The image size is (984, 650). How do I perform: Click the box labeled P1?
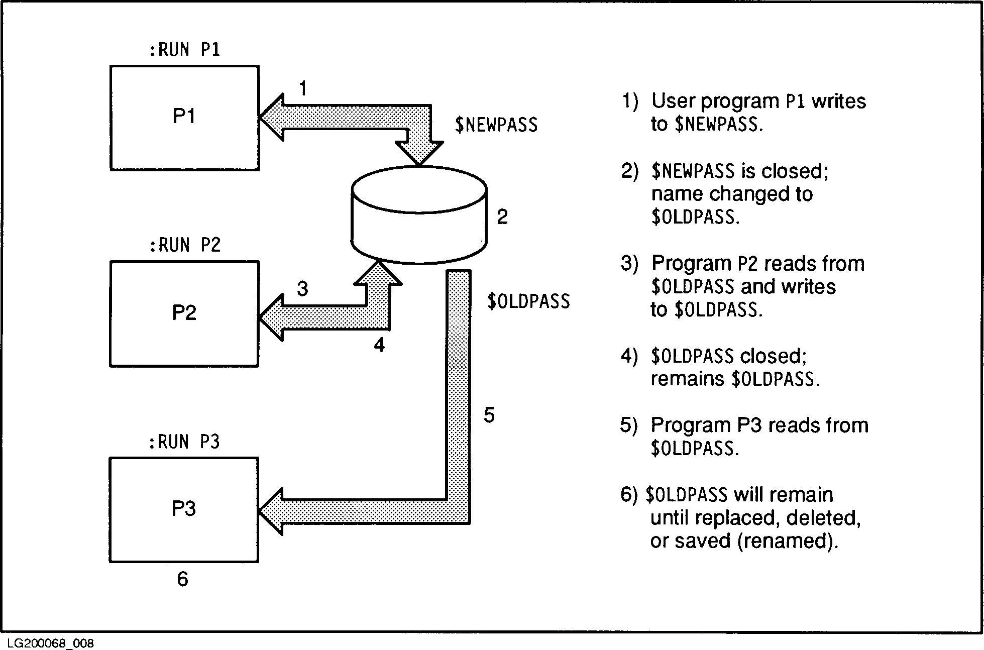tap(184, 118)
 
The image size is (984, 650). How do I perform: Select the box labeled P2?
tap(184, 313)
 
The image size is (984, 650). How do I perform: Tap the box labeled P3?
tap(184, 509)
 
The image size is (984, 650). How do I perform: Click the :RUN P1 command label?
tap(185, 50)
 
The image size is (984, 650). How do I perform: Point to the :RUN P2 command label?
tap(185, 246)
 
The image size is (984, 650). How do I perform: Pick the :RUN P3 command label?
tap(184, 442)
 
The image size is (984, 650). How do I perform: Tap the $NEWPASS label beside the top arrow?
tap(496, 125)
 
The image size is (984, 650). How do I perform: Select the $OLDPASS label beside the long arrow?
tap(528, 301)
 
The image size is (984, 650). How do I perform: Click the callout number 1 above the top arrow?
tap(302, 89)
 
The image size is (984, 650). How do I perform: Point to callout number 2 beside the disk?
tap(502, 217)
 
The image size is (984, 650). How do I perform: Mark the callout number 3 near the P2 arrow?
tap(302, 289)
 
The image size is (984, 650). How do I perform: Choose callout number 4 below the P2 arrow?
tap(379, 345)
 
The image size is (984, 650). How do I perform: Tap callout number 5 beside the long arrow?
tap(489, 415)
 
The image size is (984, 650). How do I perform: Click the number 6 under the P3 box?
tap(182, 579)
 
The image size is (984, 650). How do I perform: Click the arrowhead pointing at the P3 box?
tap(271, 511)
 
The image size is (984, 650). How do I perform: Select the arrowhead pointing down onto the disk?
tap(419, 153)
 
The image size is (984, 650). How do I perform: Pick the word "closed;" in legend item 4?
tap(774, 356)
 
